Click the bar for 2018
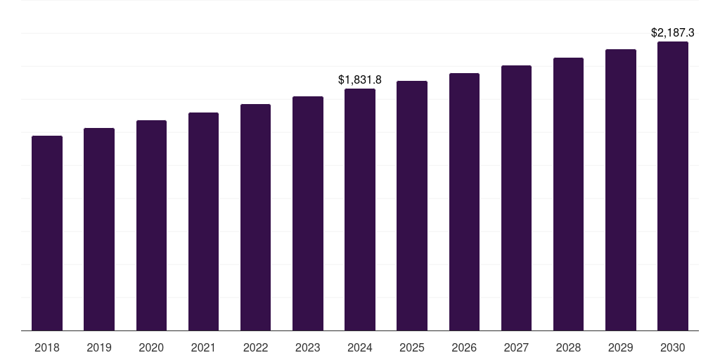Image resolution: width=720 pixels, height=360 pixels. click(47, 233)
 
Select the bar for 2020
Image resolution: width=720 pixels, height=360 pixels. click(151, 225)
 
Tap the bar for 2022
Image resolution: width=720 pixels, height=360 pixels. click(255, 217)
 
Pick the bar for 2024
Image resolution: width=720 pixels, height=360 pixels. click(360, 210)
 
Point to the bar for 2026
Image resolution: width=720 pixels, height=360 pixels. click(464, 202)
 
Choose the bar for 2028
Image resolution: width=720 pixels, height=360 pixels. click(568, 194)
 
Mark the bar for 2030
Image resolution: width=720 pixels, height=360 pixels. click(672, 186)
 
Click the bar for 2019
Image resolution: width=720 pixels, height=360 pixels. click(99, 229)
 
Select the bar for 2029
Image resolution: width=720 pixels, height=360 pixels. click(620, 190)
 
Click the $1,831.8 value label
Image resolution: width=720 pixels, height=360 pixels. click(360, 80)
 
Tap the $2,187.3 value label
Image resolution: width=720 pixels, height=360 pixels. click(672, 33)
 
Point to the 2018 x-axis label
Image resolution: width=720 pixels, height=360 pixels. click(47, 347)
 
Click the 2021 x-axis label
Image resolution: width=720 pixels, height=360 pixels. click(203, 347)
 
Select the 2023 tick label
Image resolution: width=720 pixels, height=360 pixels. click(307, 347)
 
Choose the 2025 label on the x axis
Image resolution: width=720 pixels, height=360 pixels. click(412, 347)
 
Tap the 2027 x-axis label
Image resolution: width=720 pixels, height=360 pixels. click(516, 347)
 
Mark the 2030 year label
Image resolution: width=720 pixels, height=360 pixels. click(672, 347)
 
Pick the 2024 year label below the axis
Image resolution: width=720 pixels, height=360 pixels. click(360, 347)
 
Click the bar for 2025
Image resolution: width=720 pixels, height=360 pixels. click(412, 205)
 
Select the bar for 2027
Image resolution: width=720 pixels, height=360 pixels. click(516, 198)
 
